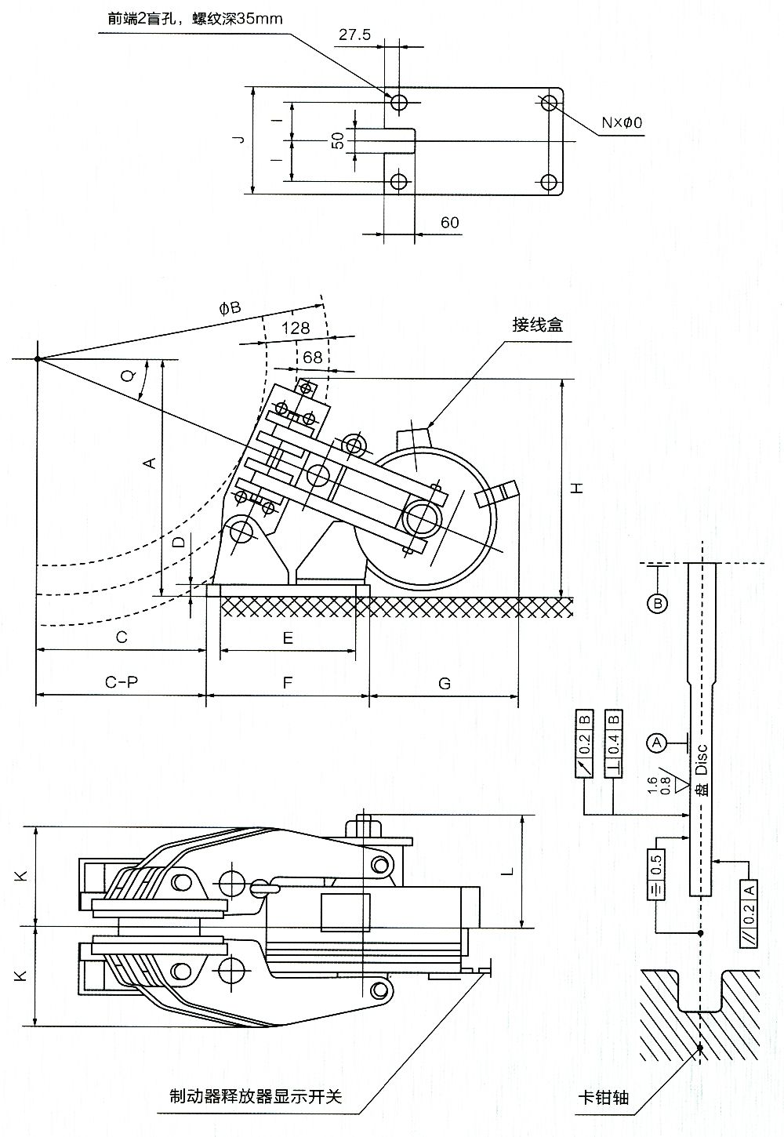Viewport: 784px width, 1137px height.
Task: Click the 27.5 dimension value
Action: click(x=354, y=35)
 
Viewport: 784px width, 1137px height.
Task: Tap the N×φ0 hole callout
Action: click(x=622, y=122)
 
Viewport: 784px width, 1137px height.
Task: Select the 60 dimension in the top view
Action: click(x=449, y=223)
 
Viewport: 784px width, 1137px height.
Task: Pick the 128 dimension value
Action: click(x=294, y=329)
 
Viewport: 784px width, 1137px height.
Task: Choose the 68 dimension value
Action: click(x=312, y=357)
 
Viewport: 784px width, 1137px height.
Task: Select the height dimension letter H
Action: click(x=577, y=488)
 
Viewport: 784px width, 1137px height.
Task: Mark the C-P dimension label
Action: click(x=122, y=682)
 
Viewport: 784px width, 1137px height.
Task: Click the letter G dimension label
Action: click(x=444, y=683)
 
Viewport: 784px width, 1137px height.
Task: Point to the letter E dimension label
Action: click(x=288, y=638)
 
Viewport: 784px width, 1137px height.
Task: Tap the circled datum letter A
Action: click(x=657, y=741)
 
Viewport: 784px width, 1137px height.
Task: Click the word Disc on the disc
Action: click(x=702, y=759)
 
